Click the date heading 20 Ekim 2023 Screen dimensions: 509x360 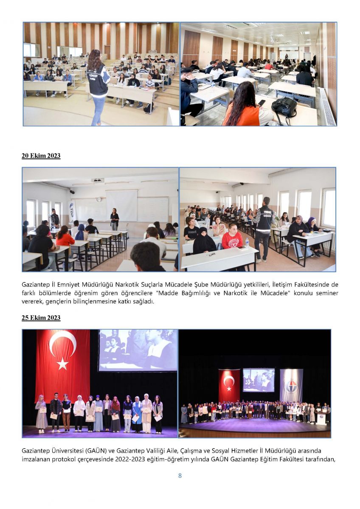(x=41, y=156)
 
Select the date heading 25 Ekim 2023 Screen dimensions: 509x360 (x=41, y=318)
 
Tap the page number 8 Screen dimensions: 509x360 (x=180, y=475)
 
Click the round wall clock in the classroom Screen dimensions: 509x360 (x=99, y=199)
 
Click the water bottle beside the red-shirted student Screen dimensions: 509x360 (x=247, y=242)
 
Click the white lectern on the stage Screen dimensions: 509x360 (x=321, y=419)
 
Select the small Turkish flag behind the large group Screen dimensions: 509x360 (x=229, y=386)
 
